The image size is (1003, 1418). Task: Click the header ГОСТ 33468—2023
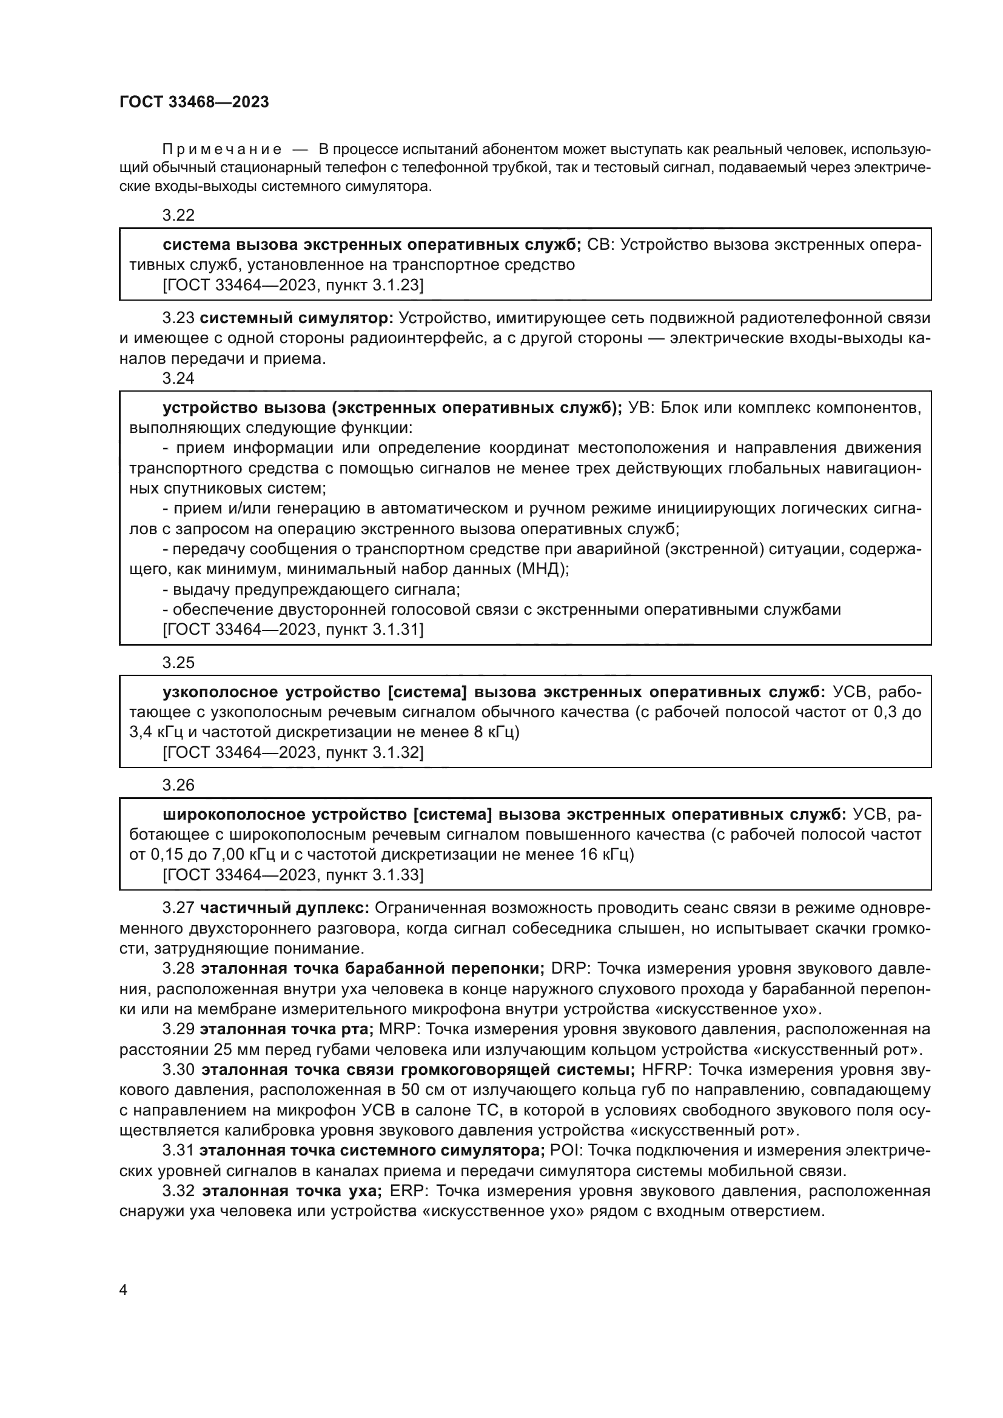(194, 102)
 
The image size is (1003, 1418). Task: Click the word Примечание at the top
(222, 149)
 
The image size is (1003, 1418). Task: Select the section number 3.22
(178, 215)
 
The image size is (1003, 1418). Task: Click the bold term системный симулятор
(297, 318)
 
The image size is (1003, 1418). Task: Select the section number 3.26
(178, 785)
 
